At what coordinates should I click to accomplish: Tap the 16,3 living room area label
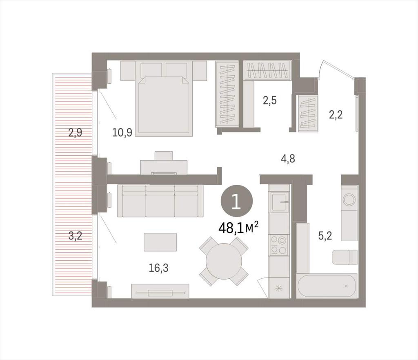point(159,268)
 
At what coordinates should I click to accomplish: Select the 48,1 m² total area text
point(238,228)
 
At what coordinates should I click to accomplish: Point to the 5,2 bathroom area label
point(325,236)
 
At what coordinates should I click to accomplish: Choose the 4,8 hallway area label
point(288,159)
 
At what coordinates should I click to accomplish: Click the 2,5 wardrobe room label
point(270,101)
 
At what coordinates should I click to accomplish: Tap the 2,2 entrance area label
point(336,115)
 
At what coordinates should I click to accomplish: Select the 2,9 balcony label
point(75,132)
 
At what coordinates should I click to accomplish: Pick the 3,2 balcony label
point(75,236)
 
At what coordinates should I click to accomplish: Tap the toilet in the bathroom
point(345,257)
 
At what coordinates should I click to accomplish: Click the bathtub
point(327,286)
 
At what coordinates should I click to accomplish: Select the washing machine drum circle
point(349,199)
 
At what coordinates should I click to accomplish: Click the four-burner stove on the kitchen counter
point(279,245)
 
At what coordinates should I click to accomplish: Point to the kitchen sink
point(279,202)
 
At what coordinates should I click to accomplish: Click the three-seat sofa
point(160,201)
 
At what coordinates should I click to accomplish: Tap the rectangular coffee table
point(160,242)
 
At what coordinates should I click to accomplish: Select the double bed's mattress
point(164,106)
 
